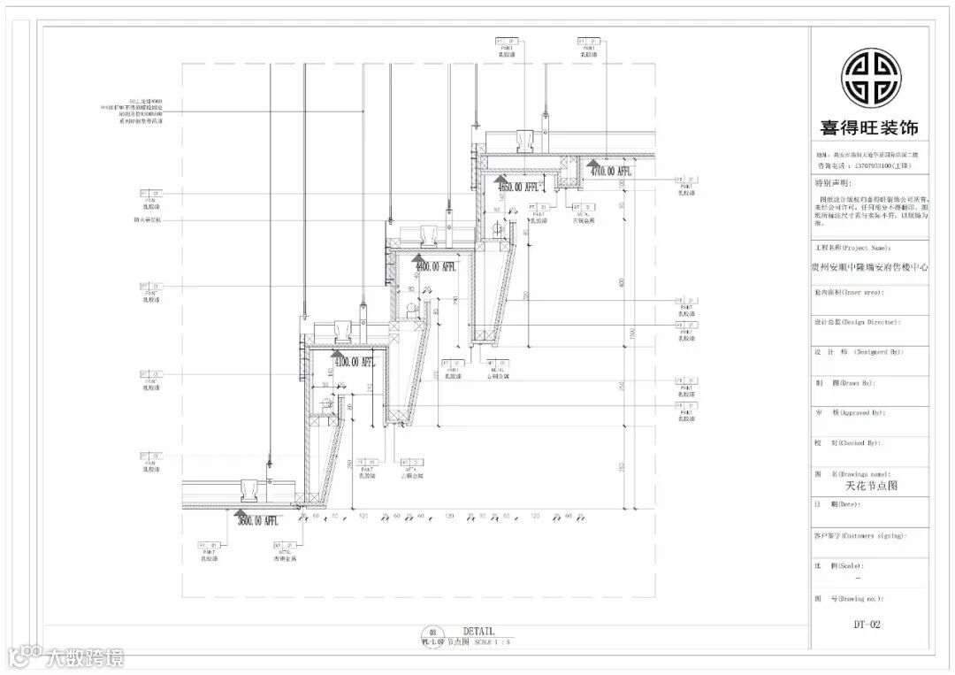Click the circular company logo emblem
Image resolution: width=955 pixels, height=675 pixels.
click(870, 77)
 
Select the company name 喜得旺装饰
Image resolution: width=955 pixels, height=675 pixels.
click(870, 127)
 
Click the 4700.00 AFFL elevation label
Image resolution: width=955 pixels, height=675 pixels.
click(611, 171)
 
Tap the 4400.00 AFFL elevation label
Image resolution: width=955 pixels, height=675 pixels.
click(434, 266)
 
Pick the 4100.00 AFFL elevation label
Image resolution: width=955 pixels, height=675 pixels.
click(353, 362)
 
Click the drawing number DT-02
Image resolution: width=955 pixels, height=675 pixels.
click(867, 625)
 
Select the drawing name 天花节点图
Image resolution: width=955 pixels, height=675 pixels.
click(871, 486)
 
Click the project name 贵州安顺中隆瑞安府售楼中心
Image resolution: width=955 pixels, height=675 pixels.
click(870, 265)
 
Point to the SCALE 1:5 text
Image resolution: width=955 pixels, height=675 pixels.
click(493, 642)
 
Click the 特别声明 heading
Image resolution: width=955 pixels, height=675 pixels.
click(833, 184)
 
